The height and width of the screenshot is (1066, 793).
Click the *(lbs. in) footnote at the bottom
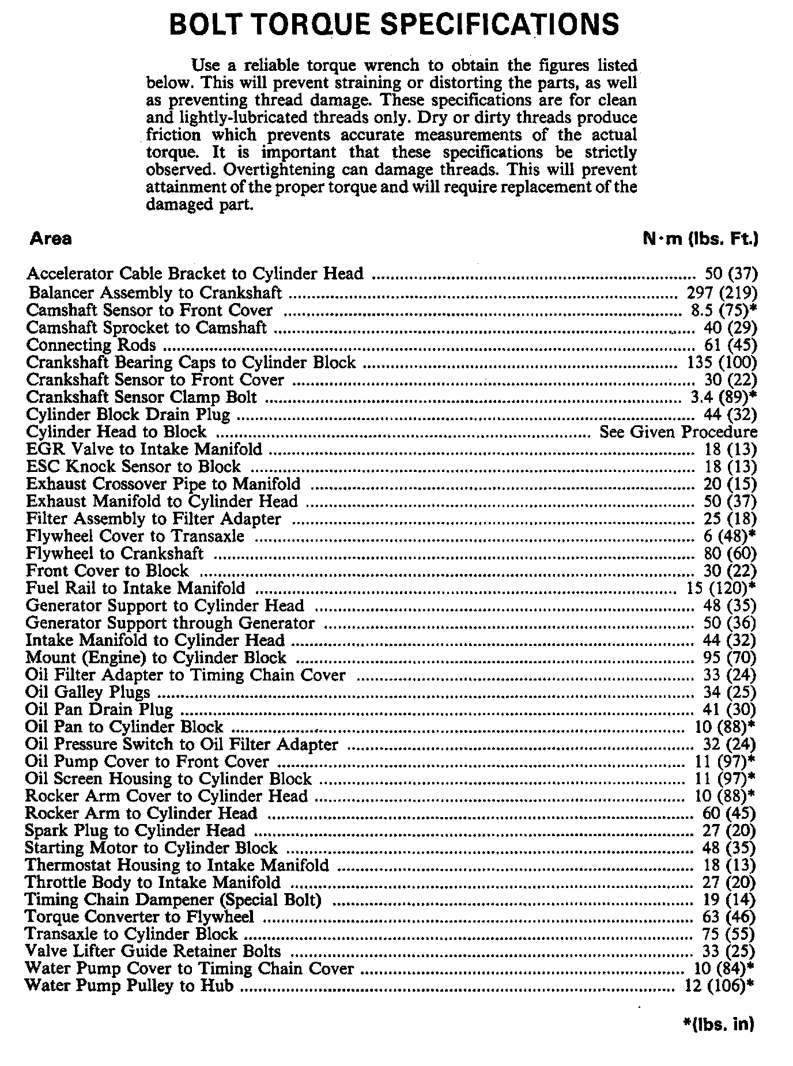tap(718, 1024)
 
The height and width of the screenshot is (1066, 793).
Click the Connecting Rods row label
tap(91, 345)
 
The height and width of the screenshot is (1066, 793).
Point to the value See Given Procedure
tap(678, 432)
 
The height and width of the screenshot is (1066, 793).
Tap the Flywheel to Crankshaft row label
tap(115, 554)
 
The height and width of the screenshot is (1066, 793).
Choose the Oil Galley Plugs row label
tap(88, 692)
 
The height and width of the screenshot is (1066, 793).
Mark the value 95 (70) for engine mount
tap(730, 657)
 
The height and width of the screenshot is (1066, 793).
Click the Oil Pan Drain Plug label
tap(99, 709)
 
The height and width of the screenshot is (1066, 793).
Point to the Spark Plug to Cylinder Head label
tap(135, 831)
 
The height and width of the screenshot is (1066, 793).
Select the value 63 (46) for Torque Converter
tap(730, 917)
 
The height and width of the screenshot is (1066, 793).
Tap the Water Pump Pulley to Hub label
tap(130, 986)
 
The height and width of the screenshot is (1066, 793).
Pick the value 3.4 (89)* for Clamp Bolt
tap(723, 397)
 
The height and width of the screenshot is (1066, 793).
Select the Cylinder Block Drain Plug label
tap(128, 415)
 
